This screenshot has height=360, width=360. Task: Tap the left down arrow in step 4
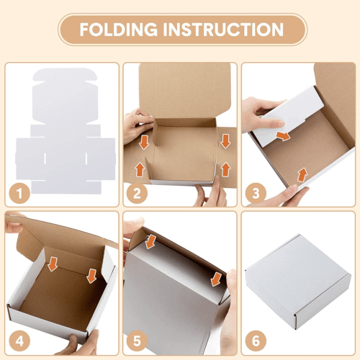[x=53, y=265]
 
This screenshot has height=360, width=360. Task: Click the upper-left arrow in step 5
[x=150, y=241]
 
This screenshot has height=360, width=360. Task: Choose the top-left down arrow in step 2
[x=144, y=141]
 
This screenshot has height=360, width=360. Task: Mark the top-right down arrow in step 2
[x=225, y=141]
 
